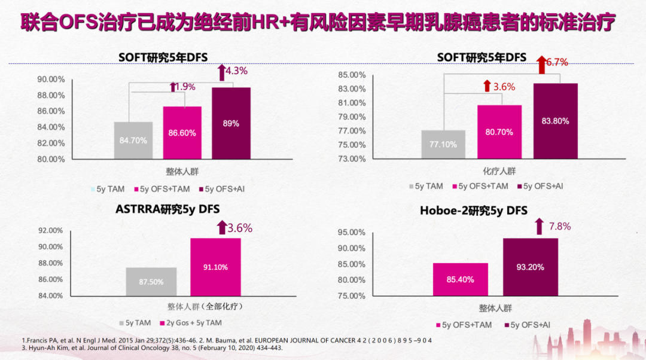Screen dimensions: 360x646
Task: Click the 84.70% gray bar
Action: (x=133, y=141)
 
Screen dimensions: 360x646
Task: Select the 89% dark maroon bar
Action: (x=231, y=123)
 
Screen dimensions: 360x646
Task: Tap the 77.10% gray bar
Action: (x=443, y=145)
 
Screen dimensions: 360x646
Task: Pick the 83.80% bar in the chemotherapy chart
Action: (x=556, y=121)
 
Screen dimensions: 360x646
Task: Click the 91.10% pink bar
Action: (x=215, y=267)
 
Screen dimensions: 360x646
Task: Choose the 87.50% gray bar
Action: (x=151, y=281)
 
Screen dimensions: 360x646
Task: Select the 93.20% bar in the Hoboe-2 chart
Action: (x=530, y=267)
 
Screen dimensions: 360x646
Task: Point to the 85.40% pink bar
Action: (x=461, y=279)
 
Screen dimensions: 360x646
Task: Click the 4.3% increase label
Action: (x=236, y=71)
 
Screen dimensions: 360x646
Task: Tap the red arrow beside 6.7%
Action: (x=541, y=63)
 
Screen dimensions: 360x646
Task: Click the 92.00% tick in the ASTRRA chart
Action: (x=50, y=231)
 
